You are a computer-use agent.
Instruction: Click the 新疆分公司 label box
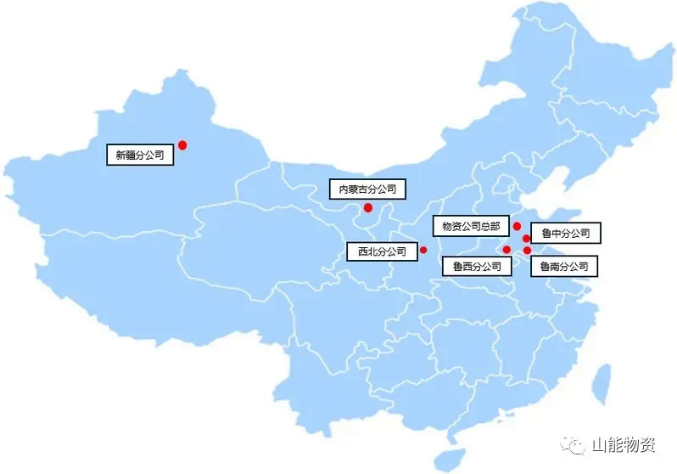[140, 155]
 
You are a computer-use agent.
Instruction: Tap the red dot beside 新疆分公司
[182, 145]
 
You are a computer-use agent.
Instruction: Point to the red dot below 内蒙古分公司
[367, 208]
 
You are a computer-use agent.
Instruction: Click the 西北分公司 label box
[382, 251]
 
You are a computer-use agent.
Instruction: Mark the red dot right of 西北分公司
[423, 251]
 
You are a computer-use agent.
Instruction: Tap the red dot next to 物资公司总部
[517, 226]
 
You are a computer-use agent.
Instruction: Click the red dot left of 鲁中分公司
[527, 239]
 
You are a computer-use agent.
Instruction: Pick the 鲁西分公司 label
[477, 267]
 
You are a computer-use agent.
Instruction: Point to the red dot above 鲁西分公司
[506, 250]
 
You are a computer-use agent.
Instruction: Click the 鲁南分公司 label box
[563, 267]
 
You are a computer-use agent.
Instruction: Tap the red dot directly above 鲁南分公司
[527, 251]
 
